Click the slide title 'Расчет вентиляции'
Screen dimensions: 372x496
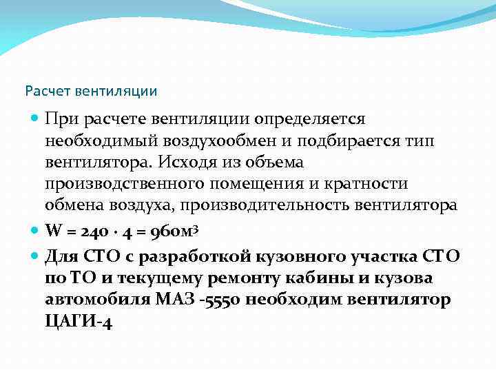point(91,90)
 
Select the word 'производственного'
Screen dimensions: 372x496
point(115,184)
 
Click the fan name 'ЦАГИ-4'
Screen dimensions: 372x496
point(78,321)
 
